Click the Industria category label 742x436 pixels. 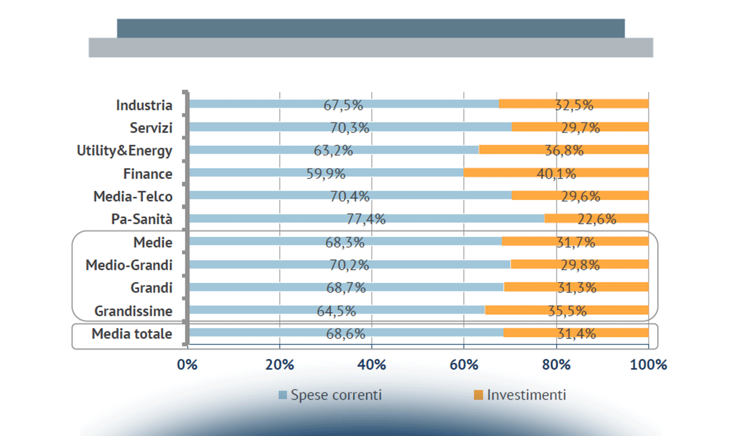pyautogui.click(x=144, y=105)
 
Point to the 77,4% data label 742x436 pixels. pyautogui.click(x=366, y=219)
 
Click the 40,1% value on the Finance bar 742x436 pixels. pyautogui.click(x=556, y=174)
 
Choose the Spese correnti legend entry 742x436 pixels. pyautogui.click(x=330, y=395)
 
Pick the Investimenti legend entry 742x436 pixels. pyautogui.click(x=520, y=395)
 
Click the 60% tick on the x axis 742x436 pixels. pyautogui.click(x=464, y=364)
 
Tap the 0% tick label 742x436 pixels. pyautogui.click(x=187, y=364)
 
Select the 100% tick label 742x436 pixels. pyautogui.click(x=648, y=364)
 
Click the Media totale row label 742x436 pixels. pyautogui.click(x=132, y=334)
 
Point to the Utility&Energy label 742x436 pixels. pyautogui.click(x=124, y=151)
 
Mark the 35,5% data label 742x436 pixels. pyautogui.click(x=567, y=311)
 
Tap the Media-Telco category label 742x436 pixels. pyautogui.click(x=133, y=197)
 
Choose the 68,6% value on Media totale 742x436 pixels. pyautogui.click(x=346, y=334)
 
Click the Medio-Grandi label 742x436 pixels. pyautogui.click(x=129, y=265)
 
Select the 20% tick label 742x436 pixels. pyautogui.click(x=279, y=364)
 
